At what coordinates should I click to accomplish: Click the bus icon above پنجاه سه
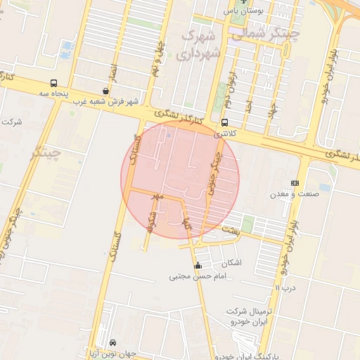54,83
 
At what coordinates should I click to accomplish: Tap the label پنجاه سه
53,94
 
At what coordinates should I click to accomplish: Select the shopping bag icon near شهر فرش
105,91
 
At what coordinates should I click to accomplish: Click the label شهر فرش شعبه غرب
105,101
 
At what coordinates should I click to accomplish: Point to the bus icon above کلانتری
224,122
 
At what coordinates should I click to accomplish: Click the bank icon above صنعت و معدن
295,183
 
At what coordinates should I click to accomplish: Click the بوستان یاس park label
243,11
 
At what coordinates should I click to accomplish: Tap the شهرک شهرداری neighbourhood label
200,43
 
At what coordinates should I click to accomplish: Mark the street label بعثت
231,230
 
